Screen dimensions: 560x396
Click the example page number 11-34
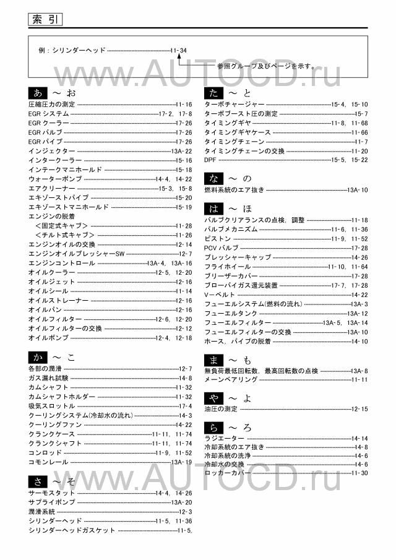coord(178,50)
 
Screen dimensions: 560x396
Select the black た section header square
coord(213,93)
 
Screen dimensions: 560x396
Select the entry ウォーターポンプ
coord(55,179)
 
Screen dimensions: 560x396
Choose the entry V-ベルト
coord(219,295)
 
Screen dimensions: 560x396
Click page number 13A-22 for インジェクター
coord(181,151)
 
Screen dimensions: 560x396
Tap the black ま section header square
coord(213,359)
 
